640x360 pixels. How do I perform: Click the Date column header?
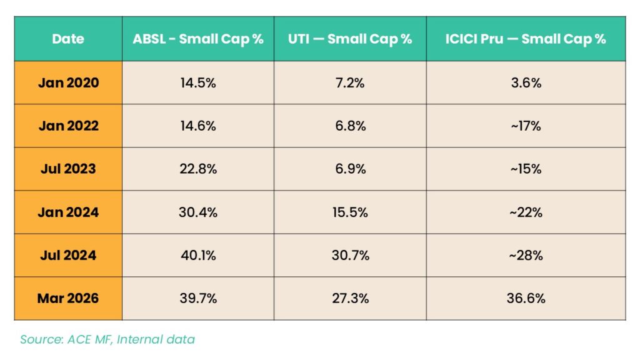[68, 39]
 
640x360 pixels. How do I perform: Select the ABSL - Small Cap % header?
[198, 39]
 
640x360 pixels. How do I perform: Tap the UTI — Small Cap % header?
[350, 39]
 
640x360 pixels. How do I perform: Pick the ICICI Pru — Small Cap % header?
[526, 39]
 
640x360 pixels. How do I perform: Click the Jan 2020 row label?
[68, 82]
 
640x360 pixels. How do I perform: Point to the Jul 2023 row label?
[68, 169]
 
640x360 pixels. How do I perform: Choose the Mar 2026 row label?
[68, 298]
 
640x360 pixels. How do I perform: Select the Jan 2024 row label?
[68, 212]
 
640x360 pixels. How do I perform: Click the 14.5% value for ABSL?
[198, 82]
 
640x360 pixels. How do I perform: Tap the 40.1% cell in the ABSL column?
[198, 255]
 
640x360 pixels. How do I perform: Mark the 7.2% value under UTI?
[350, 82]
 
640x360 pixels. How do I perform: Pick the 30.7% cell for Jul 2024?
[350, 255]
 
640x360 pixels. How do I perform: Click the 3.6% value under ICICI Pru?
[526, 82]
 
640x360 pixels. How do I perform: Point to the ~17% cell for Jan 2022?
[526, 126]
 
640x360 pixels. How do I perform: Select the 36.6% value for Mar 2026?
[526, 298]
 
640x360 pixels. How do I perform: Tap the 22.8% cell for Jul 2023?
[198, 169]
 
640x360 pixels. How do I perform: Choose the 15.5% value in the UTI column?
[350, 212]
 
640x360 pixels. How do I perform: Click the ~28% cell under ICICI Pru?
[526, 255]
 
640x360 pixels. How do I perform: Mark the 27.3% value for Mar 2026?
[350, 298]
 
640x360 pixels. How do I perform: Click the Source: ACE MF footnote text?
[107, 339]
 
